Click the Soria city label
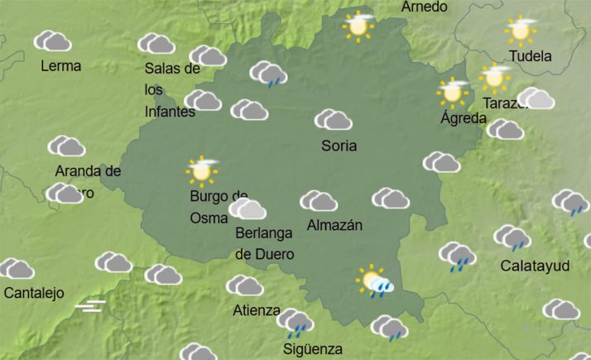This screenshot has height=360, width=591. click(x=339, y=146)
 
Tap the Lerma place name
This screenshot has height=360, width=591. click(x=60, y=66)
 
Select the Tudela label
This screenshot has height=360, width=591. click(x=530, y=57)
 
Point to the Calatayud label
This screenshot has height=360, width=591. click(x=536, y=266)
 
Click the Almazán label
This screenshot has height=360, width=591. click(x=334, y=225)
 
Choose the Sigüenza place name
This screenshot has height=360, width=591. click(x=313, y=348)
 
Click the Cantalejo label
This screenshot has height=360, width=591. click(x=34, y=293)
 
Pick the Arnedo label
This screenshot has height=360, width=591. click(x=424, y=7)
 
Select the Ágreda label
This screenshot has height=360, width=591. click(x=464, y=118)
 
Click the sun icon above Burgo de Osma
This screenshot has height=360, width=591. click(x=201, y=170)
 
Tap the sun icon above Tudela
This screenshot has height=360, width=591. click(x=521, y=30)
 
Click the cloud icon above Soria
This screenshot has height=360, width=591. click(x=334, y=120)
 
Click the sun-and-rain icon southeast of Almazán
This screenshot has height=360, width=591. click(x=375, y=281)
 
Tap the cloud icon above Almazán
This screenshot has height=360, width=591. click(x=318, y=200)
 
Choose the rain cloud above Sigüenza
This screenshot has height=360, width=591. click(x=295, y=323)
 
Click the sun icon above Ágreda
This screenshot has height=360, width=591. click(x=453, y=90)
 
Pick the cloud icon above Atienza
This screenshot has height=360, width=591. click(x=245, y=286)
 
